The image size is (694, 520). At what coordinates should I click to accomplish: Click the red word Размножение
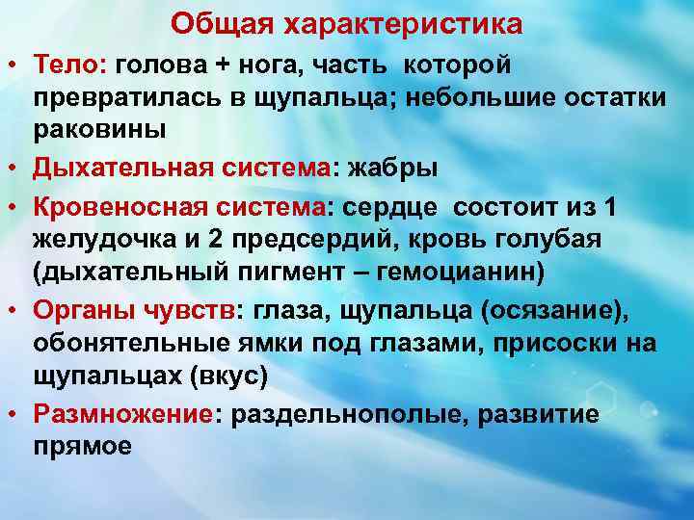(120, 415)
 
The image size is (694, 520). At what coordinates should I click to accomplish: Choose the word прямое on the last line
(83, 446)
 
